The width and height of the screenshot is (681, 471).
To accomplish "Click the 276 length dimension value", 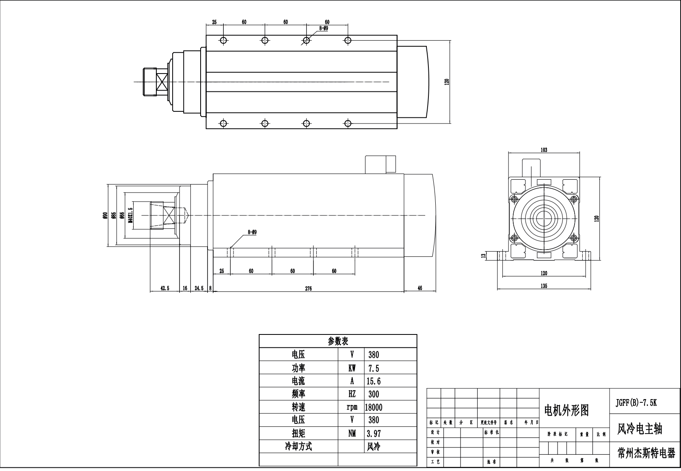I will [309, 289].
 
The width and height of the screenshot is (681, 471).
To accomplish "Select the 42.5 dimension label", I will [165, 288].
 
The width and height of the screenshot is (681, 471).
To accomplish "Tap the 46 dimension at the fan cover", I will [420, 288].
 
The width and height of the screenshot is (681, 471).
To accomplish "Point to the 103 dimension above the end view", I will [544, 150].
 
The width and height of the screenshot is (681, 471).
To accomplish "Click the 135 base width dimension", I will [544, 286].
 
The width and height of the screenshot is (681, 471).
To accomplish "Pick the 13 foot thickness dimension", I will [483, 256].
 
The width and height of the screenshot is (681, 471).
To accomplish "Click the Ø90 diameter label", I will [105, 216].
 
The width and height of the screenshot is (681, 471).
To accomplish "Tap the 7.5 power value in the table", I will [374, 368].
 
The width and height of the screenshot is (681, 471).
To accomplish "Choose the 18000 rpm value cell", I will [374, 407].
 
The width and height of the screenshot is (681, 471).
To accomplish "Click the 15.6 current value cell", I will [374, 381].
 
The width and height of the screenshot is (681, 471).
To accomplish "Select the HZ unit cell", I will [352, 394].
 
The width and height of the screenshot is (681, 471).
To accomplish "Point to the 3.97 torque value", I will [374, 434].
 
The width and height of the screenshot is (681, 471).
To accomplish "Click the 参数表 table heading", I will [338, 341].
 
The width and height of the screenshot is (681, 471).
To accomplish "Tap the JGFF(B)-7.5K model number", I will [636, 403].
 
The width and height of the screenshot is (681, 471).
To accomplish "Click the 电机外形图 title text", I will [566, 410].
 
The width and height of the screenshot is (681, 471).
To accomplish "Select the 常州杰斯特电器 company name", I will [646, 453].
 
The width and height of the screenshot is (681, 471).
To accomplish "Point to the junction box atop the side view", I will [380, 164].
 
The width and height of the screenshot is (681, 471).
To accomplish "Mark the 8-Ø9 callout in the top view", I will [324, 28].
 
